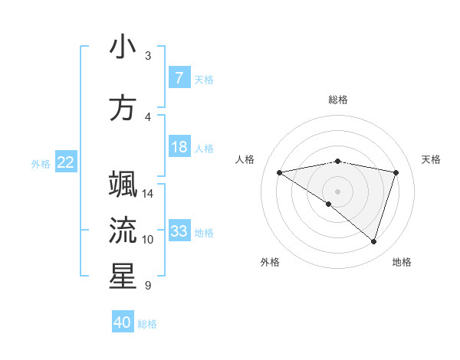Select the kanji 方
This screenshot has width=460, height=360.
pyautogui.click(x=123, y=108)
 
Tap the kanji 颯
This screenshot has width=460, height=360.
pyautogui.click(x=123, y=185)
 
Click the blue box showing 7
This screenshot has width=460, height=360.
pyautogui.click(x=179, y=78)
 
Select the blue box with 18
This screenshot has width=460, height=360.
pyautogui.click(x=179, y=147)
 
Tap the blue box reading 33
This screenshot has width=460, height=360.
pyautogui.click(x=179, y=231)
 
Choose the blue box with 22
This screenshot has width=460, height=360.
pyautogui.click(x=66, y=162)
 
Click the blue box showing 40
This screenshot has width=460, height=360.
pyautogui.click(x=123, y=322)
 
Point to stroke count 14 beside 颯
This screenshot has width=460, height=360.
pyautogui.click(x=148, y=194)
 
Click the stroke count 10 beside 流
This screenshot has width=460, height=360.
pyautogui.click(x=148, y=240)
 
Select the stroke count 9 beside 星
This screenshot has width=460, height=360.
pyautogui.click(x=147, y=286)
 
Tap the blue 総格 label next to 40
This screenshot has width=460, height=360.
pyautogui.click(x=148, y=324)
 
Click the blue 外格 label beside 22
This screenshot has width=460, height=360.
pyautogui.click(x=41, y=163)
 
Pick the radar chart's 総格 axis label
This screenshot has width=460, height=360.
pyautogui.click(x=337, y=100)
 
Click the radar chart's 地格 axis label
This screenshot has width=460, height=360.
pyautogui.click(x=402, y=262)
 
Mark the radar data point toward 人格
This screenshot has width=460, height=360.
pyautogui.click(x=279, y=172)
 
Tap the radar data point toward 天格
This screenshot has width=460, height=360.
pyautogui.click(x=396, y=172)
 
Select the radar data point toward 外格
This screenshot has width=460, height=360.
pyautogui.click(x=329, y=204)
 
